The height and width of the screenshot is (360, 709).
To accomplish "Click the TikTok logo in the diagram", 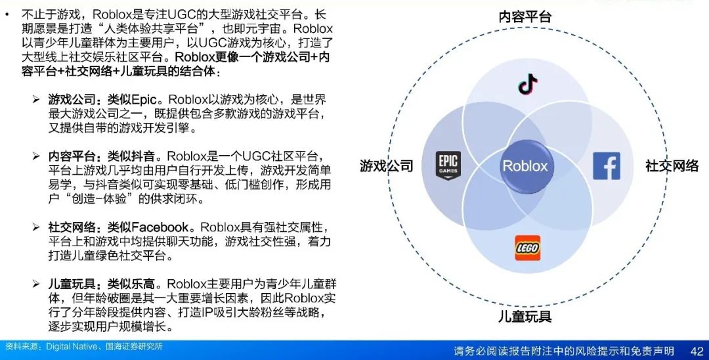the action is [528, 84].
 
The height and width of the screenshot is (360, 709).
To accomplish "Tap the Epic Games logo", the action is [448, 166].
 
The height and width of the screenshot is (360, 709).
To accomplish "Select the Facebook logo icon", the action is [607, 166].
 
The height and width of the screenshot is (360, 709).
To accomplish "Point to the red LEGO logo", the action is [527, 248].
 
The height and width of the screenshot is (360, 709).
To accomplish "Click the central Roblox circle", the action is [525, 166].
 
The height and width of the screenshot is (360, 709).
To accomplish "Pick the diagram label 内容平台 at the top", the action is [525, 16].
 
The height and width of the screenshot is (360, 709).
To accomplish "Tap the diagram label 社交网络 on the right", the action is [672, 166].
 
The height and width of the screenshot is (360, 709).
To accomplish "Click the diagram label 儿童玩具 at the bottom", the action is [525, 316].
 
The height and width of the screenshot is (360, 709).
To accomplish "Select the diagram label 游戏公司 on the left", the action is [387, 166].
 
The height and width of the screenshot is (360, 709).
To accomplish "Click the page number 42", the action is [697, 351].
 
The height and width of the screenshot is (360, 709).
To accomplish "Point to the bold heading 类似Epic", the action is [131, 99].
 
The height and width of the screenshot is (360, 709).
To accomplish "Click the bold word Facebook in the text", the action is [160, 227].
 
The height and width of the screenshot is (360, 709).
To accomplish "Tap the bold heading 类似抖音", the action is [131, 156].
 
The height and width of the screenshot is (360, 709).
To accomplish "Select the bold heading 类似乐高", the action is [131, 284].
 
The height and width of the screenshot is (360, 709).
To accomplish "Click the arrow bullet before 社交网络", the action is [36, 227].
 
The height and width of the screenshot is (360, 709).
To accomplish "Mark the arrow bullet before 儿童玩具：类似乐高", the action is [36, 284].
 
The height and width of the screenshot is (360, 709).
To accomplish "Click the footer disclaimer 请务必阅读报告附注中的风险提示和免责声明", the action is [564, 351].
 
